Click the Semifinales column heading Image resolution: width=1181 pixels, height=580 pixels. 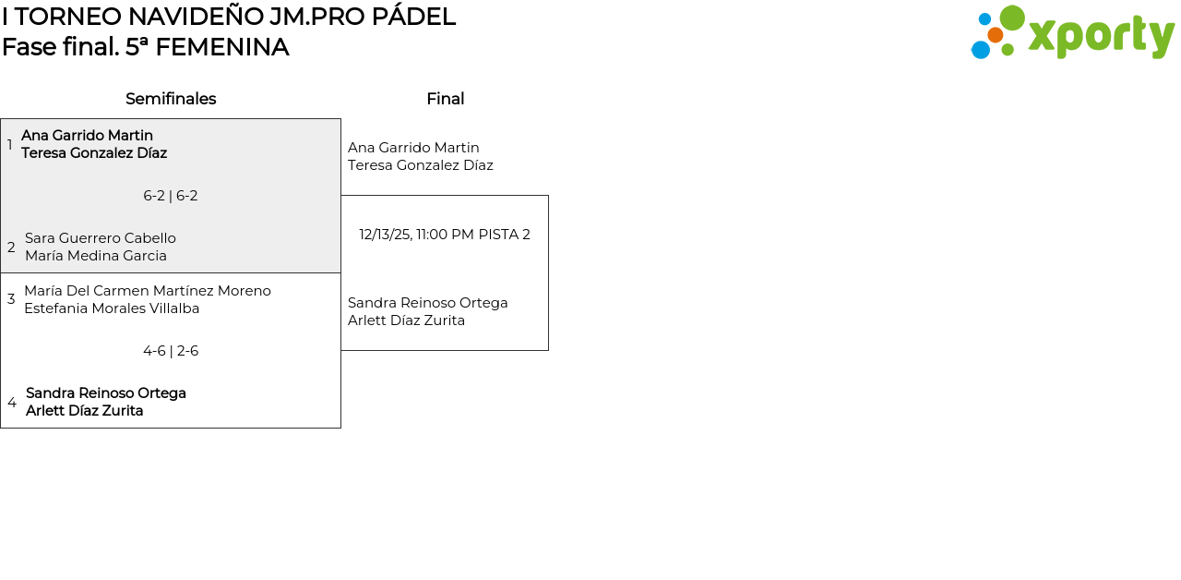click(171, 99)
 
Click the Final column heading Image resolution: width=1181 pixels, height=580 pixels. click(445, 99)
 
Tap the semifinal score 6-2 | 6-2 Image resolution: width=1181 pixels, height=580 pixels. click(171, 196)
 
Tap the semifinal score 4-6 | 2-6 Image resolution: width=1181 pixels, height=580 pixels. click(171, 351)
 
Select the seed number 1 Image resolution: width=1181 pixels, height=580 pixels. click(10, 145)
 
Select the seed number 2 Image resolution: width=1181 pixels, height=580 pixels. click(11, 248)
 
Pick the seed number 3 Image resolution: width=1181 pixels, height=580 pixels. click(11, 299)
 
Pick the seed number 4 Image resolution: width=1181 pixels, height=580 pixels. click(12, 403)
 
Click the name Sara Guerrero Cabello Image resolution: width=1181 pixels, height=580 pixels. click(101, 238)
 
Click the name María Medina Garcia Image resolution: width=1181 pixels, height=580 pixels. click(96, 256)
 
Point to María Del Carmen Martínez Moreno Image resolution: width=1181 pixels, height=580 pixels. click(148, 291)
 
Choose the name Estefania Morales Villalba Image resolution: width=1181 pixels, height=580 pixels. click(112, 308)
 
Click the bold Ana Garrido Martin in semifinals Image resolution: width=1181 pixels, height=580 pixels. click(87, 136)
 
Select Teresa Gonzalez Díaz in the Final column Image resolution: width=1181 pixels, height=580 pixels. click(421, 165)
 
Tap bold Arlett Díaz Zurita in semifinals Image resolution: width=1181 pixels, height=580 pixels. click(85, 411)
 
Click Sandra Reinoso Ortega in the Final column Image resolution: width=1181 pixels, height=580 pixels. click(428, 303)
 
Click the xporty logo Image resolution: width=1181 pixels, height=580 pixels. click(1072, 33)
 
